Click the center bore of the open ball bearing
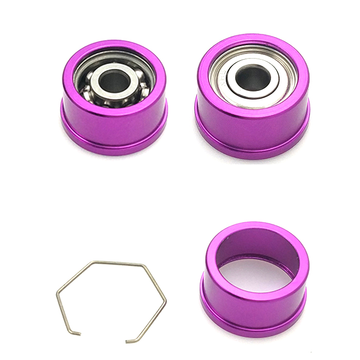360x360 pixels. point(114,80)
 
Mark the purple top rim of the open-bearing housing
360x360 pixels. point(114,45)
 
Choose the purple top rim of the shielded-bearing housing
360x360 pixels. point(253,39)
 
